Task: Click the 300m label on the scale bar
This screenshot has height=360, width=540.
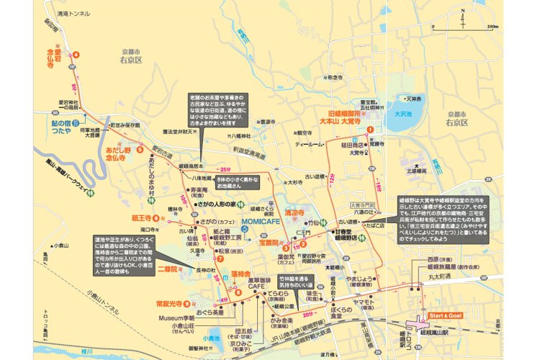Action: coord(492,27)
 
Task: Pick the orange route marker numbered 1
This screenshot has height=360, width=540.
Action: coord(370,129)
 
